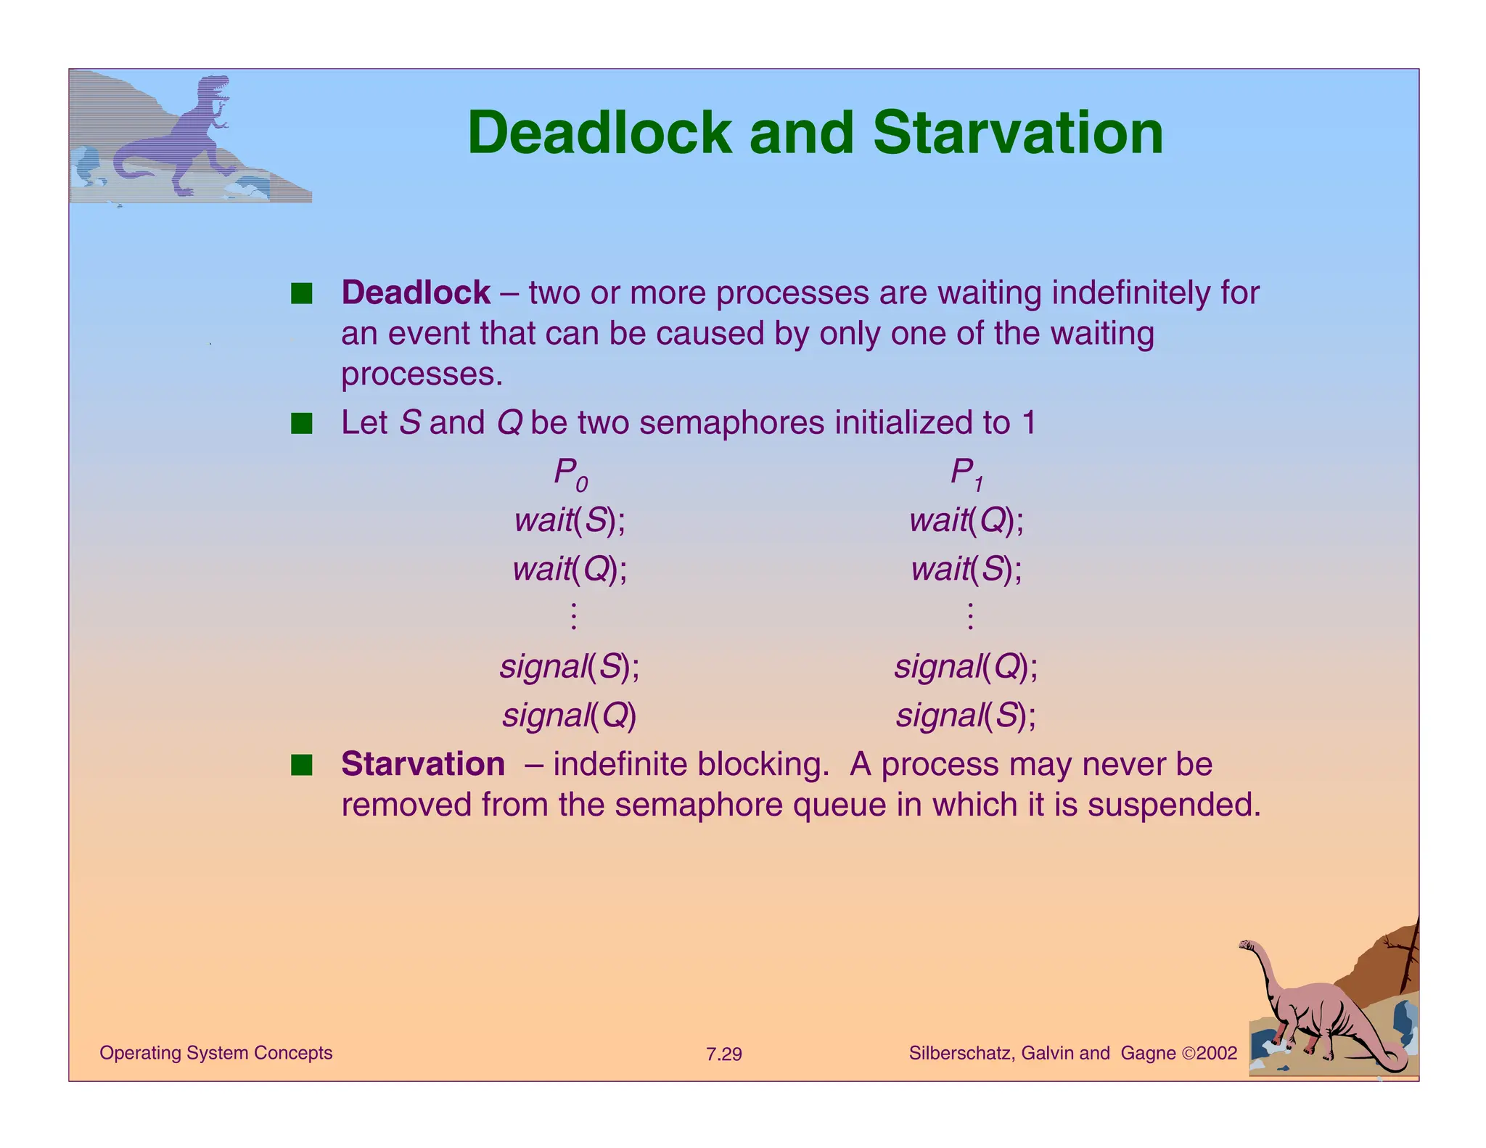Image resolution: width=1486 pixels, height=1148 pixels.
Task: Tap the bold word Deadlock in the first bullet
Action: [x=416, y=293]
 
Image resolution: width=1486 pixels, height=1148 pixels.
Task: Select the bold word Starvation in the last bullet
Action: [x=423, y=764]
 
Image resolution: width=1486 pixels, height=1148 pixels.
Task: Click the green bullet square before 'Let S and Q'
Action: [x=301, y=423]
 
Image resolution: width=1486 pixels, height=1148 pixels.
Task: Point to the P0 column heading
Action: [x=570, y=473]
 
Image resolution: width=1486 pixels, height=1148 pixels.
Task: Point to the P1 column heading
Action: [x=966, y=473]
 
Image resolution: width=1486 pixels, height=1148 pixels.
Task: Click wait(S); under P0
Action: [x=570, y=520]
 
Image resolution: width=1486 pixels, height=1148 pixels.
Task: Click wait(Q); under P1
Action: [x=966, y=520]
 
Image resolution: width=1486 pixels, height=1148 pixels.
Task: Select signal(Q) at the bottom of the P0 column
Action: [x=570, y=716]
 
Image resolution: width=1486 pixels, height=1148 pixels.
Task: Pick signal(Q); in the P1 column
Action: [x=966, y=666]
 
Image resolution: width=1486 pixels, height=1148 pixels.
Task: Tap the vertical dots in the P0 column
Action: [x=573, y=616]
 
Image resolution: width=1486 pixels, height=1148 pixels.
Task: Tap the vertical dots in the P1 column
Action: [x=970, y=616]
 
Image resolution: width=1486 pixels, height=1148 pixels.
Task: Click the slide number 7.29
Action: [x=723, y=1054]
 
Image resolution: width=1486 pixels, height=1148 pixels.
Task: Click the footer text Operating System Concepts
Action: [x=215, y=1053]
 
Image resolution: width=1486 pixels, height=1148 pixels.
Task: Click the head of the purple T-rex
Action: [x=215, y=88]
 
